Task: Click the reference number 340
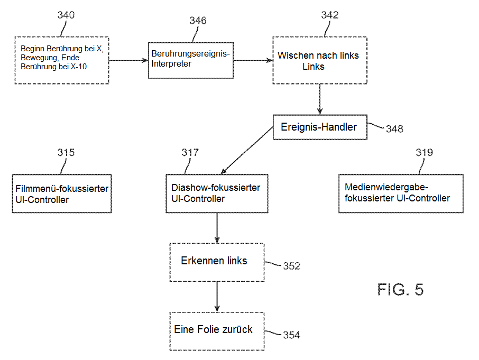(x=66, y=15)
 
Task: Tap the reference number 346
(x=198, y=21)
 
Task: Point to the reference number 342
(x=330, y=15)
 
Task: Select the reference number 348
(x=394, y=128)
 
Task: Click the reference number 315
(x=66, y=153)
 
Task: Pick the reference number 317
(x=190, y=153)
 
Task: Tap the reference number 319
(x=424, y=153)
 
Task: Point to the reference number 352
(x=291, y=266)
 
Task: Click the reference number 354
(x=291, y=335)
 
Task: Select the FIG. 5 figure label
(x=400, y=289)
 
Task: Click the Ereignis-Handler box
(x=320, y=127)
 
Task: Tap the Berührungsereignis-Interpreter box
(x=190, y=59)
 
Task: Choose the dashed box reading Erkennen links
(x=217, y=262)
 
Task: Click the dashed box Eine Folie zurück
(x=217, y=330)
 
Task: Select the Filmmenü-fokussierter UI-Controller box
(x=62, y=193)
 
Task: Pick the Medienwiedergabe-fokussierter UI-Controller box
(x=401, y=193)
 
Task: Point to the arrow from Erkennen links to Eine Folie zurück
(x=217, y=297)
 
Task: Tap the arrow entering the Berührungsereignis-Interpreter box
(x=128, y=60)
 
